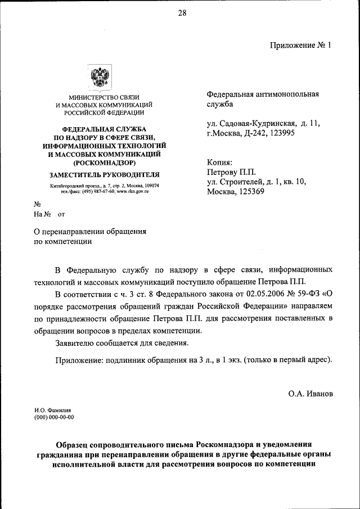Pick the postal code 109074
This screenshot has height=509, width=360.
[x=149, y=186]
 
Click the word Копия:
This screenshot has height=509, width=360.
[x=219, y=161]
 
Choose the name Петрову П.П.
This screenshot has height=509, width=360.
[x=231, y=172]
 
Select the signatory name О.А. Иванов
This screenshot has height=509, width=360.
[x=310, y=394]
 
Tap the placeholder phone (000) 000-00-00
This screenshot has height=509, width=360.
[x=55, y=417]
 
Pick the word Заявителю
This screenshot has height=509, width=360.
[x=77, y=343]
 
